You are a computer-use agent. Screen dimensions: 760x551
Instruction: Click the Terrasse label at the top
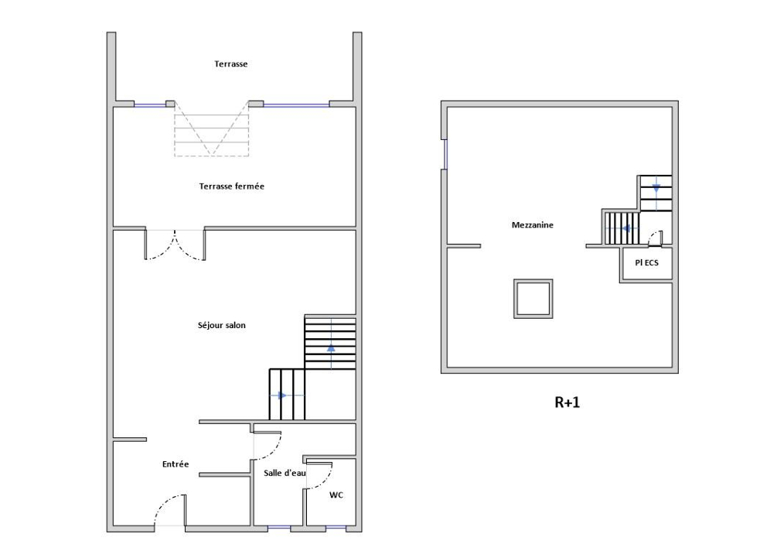(x=230, y=64)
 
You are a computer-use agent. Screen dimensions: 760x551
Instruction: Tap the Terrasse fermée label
(x=232, y=187)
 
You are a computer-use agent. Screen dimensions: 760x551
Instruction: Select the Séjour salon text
(x=221, y=326)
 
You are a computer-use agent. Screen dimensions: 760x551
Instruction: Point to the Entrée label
(x=176, y=464)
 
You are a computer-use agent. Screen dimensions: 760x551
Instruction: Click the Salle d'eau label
(x=285, y=472)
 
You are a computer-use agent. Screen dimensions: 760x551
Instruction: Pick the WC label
(x=336, y=495)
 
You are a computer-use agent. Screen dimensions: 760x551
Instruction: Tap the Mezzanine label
(x=532, y=225)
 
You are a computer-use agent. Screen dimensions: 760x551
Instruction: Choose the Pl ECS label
(x=646, y=262)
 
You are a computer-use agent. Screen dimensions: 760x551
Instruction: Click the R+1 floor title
(x=567, y=402)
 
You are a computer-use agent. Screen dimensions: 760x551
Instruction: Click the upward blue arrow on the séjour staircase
(x=331, y=347)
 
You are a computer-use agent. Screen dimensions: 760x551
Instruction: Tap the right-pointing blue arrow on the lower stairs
(x=282, y=395)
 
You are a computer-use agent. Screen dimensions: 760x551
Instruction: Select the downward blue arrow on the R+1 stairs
(x=656, y=188)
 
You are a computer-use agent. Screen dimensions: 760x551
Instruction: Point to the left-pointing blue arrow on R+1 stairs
(x=625, y=228)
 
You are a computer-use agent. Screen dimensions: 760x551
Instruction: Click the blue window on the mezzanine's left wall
(x=445, y=154)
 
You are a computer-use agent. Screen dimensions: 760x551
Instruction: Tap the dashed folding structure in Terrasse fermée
(x=211, y=128)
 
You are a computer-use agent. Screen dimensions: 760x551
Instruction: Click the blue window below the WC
(x=336, y=527)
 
